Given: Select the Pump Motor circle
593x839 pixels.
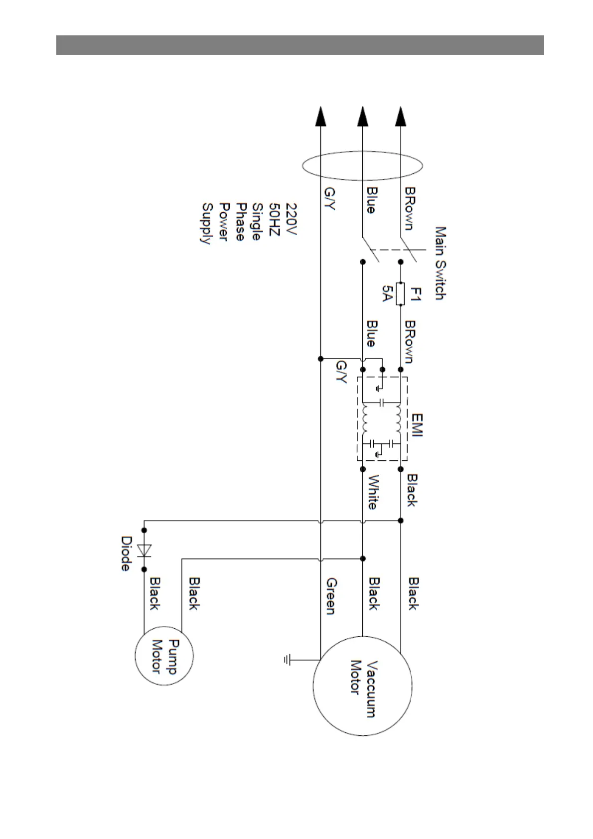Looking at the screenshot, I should [164, 656].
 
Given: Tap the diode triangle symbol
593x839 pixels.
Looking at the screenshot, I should [145, 550].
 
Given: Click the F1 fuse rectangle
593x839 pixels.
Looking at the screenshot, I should [400, 294].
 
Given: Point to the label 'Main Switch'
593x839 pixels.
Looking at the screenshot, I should [440, 263].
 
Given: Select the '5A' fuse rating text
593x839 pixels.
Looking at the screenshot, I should [387, 294].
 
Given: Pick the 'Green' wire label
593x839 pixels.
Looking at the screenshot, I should [331, 596].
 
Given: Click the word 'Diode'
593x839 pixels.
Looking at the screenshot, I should [127, 554].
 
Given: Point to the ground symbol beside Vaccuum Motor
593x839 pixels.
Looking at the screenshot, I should [288, 660].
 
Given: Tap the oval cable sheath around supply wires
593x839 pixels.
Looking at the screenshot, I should [362, 165].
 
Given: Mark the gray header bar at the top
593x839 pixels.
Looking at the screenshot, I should [299, 45].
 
